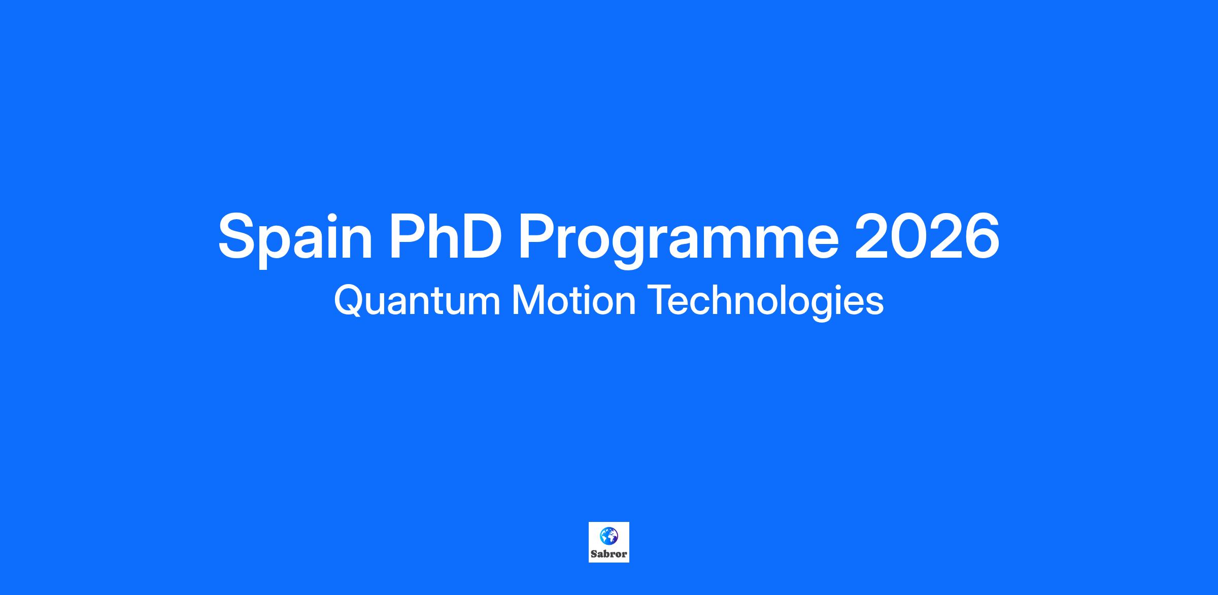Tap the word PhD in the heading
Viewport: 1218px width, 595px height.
(445, 236)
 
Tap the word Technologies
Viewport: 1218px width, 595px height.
(766, 303)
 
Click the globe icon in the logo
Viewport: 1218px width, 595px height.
(609, 536)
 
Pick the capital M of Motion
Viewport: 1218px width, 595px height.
(528, 300)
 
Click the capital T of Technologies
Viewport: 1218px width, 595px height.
(661, 300)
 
